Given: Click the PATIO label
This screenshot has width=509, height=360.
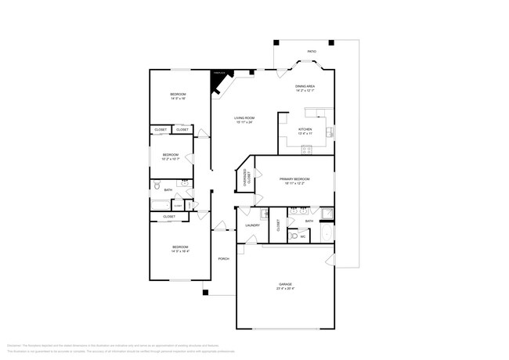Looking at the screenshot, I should pos(312,52).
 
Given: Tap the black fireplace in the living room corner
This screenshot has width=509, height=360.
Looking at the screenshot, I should pos(219,77).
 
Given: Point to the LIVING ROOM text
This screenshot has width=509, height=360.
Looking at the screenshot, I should pos(244,118).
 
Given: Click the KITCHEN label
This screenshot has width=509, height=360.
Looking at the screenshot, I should pos(305,129).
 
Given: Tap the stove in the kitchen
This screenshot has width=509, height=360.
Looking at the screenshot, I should pos(330,131).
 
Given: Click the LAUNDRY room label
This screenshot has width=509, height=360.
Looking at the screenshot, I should pos(252,225).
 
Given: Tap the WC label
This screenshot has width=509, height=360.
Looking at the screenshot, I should pos(303,236).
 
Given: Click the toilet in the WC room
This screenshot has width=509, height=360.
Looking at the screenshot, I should pos(293,235).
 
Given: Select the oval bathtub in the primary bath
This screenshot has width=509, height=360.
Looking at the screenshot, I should pos(328,233).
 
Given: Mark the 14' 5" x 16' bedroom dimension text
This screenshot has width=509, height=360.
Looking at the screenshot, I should pos(179,99).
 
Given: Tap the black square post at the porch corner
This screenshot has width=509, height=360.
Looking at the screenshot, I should pos(205,293).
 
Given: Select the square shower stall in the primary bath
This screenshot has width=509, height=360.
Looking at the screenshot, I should pos(325,214).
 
